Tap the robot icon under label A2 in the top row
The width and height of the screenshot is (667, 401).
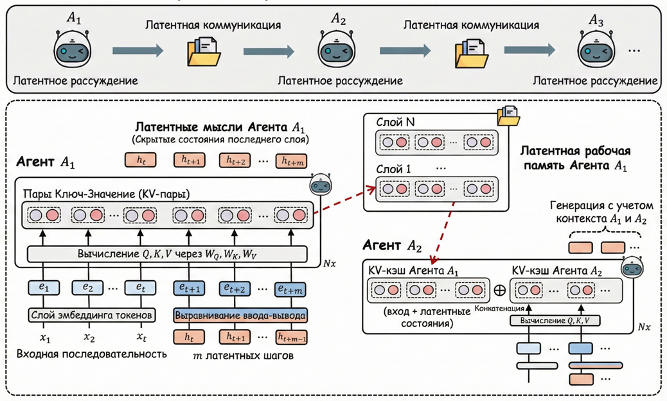coord(337,50)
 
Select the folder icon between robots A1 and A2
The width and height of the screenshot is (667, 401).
coord(204,51)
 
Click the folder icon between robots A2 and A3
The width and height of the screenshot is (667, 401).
coord(470,51)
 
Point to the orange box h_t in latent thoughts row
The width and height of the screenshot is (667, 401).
coord(141,159)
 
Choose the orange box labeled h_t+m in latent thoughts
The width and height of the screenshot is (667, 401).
coord(291,160)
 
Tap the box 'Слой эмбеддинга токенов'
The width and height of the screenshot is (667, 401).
coord(92,315)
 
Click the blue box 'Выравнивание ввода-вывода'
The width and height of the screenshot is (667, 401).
coord(240,315)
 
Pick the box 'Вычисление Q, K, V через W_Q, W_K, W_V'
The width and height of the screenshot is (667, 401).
coord(167,253)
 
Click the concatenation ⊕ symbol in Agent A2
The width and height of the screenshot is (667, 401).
coord(499,289)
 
